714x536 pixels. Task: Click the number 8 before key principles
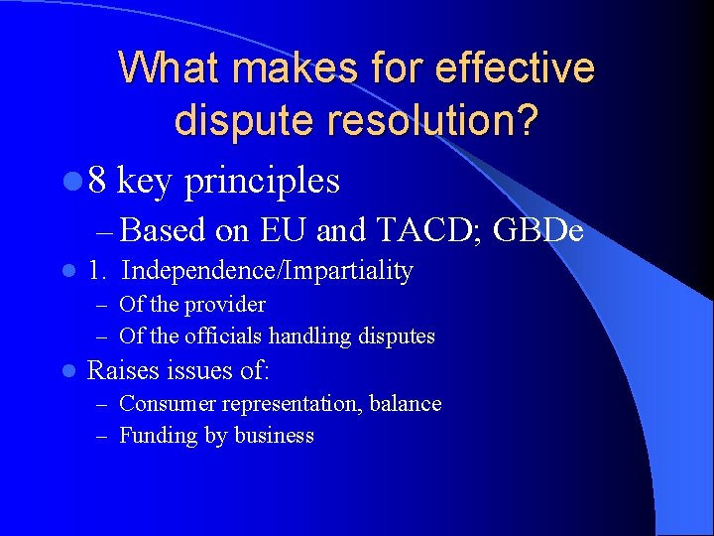[97, 181]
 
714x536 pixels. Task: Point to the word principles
[262, 182]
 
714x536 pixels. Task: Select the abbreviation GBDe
[537, 230]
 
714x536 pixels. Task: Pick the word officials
[225, 336]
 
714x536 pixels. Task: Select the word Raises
[124, 371]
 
